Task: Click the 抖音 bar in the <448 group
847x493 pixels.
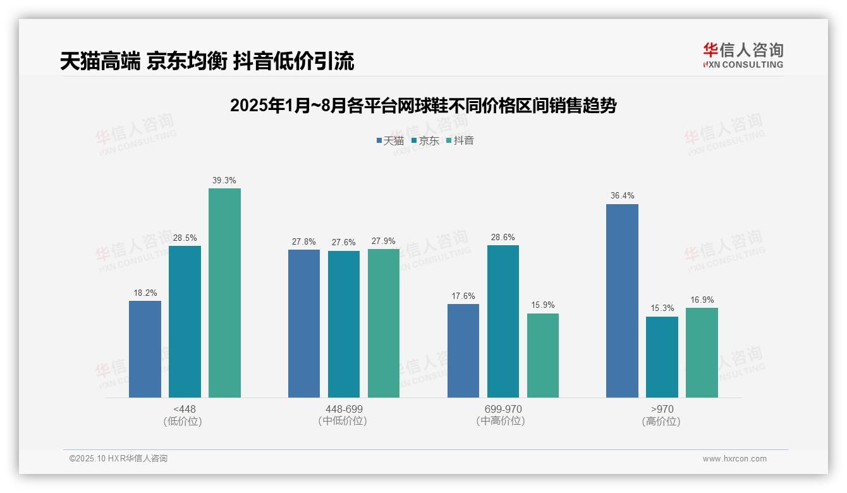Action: [x=224, y=293]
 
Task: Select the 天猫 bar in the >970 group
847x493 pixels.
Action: [x=622, y=301]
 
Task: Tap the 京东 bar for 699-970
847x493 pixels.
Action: [x=503, y=321]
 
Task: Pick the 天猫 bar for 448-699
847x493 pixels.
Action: [x=304, y=324]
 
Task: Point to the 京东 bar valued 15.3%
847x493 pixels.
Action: [x=662, y=357]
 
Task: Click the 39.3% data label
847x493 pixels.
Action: [x=224, y=181]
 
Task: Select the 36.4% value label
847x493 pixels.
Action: [x=622, y=196]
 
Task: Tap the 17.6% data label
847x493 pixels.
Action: [x=463, y=296]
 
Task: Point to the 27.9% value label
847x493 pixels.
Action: [x=384, y=241]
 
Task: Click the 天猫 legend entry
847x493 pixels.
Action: [x=390, y=140]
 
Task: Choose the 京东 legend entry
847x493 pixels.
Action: [x=425, y=140]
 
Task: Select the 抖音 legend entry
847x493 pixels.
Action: [x=460, y=140]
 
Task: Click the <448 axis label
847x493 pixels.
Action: [x=184, y=409]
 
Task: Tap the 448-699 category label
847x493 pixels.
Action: [x=344, y=409]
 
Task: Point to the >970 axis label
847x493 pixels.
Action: [x=662, y=409]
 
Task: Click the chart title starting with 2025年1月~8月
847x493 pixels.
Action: [x=423, y=106]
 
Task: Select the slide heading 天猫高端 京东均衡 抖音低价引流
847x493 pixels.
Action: [x=207, y=61]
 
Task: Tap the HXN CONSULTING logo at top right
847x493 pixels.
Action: [x=743, y=56]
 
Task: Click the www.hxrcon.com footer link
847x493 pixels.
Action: [x=734, y=459]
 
